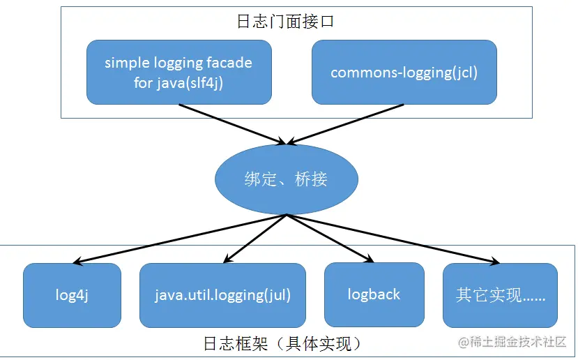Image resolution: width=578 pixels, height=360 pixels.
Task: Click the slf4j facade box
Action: click(x=178, y=72)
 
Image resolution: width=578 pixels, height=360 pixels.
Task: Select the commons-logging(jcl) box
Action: click(x=404, y=72)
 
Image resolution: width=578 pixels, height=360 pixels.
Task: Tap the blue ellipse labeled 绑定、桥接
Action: click(x=286, y=179)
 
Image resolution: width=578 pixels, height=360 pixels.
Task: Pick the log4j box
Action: click(x=72, y=295)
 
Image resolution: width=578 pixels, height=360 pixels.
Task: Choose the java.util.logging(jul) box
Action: click(x=222, y=295)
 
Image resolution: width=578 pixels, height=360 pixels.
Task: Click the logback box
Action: click(x=374, y=294)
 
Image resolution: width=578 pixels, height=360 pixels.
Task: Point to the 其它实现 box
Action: click(x=500, y=295)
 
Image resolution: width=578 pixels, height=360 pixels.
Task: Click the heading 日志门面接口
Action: click(x=286, y=22)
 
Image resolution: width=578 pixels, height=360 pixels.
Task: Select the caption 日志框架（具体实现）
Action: click(x=283, y=343)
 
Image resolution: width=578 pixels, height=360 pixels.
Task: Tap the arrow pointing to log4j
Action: click(x=181, y=239)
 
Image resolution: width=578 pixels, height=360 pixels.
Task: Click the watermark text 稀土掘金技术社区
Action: click(x=517, y=342)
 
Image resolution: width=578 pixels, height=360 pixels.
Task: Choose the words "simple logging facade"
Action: click(x=178, y=63)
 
